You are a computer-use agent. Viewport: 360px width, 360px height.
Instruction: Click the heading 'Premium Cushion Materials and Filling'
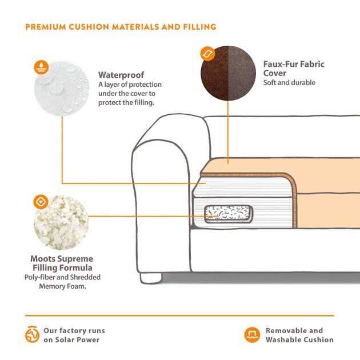click(x=121, y=27)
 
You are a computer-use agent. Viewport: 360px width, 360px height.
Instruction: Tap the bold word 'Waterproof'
click(x=121, y=75)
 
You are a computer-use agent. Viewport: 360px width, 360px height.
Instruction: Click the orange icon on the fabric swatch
click(x=207, y=54)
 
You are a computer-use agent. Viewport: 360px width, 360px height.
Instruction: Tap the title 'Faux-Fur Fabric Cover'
click(x=293, y=69)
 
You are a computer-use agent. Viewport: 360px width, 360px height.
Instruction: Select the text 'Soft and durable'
click(x=289, y=83)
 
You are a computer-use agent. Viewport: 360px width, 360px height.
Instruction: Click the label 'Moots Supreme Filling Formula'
click(x=62, y=263)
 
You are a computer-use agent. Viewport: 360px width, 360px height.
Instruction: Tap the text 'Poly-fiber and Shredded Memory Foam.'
click(x=62, y=281)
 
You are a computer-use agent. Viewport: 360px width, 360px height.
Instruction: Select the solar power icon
click(x=31, y=335)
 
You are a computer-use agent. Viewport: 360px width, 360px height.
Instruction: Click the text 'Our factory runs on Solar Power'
click(x=74, y=335)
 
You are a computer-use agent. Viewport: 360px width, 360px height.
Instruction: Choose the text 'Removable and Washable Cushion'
click(x=299, y=335)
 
